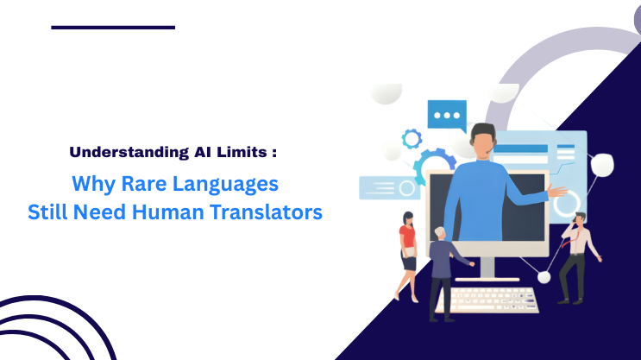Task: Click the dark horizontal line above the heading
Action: pos(112,27)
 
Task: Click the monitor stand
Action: pos(488,270)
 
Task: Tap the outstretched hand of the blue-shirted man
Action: pos(563,192)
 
